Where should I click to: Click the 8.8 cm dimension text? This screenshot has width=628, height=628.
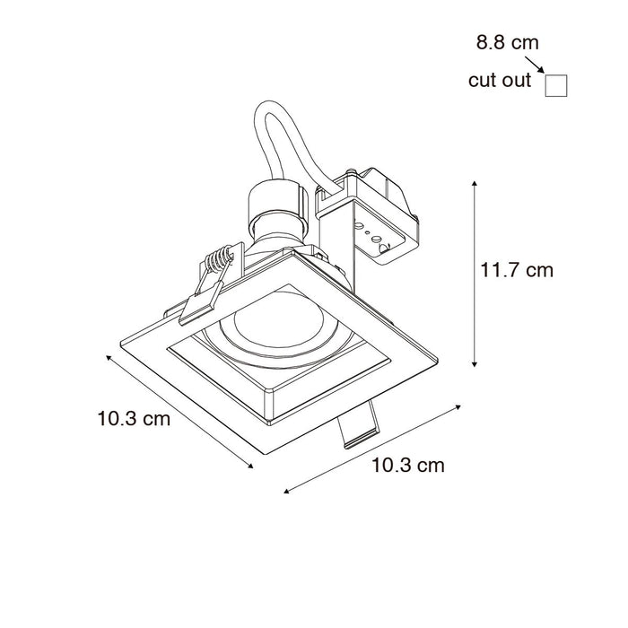click(507, 42)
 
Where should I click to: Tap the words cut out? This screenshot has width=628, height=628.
click(500, 80)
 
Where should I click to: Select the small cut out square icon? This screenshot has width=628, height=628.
click(556, 86)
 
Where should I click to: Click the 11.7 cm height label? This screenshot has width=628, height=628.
click(517, 270)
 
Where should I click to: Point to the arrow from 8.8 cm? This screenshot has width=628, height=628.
click(535, 65)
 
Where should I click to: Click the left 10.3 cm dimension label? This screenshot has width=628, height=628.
click(134, 419)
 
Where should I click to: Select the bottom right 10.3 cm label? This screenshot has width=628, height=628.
click(408, 466)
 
